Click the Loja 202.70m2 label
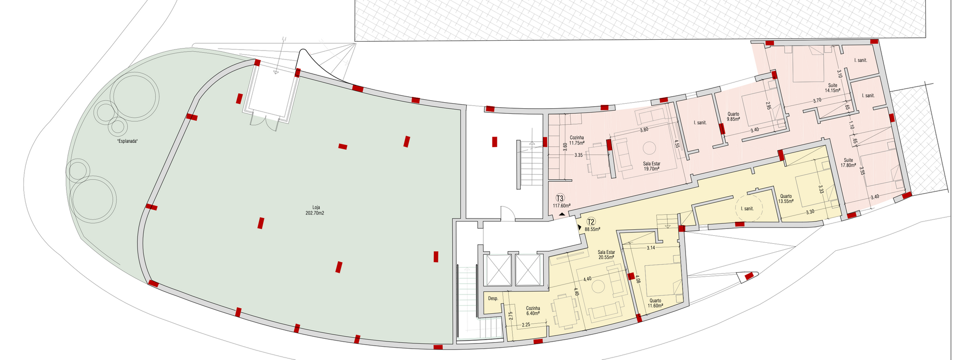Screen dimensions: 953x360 pyautogui.click(x=315, y=210)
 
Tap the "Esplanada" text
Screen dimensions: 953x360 pyautogui.click(x=127, y=142)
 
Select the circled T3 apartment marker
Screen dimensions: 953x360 pyautogui.click(x=560, y=198)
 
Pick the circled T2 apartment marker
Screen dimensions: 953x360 pyautogui.click(x=591, y=222)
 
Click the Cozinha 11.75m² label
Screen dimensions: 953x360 pyautogui.click(x=577, y=140)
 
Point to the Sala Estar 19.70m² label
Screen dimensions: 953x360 pyautogui.click(x=652, y=166)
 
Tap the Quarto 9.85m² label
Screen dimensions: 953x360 pyautogui.click(x=733, y=117)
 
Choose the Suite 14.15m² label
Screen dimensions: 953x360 pyautogui.click(x=832, y=88)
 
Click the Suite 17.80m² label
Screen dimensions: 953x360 pyautogui.click(x=849, y=163)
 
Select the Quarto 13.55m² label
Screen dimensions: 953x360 pyautogui.click(x=786, y=199)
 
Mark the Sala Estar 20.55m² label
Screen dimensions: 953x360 pyautogui.click(x=607, y=255)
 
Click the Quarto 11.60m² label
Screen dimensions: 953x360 pyautogui.click(x=655, y=303)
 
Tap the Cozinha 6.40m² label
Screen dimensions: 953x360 pyautogui.click(x=533, y=311)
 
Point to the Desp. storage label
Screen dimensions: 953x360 pyautogui.click(x=493, y=298)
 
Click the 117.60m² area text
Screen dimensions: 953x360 pyautogui.click(x=561, y=206)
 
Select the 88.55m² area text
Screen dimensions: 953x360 pyautogui.click(x=592, y=229)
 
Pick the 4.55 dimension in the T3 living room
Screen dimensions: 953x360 pyautogui.click(x=677, y=144)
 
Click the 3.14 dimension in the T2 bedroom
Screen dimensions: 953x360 pyautogui.click(x=651, y=247)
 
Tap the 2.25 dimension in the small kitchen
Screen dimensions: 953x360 pyautogui.click(x=526, y=325)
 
